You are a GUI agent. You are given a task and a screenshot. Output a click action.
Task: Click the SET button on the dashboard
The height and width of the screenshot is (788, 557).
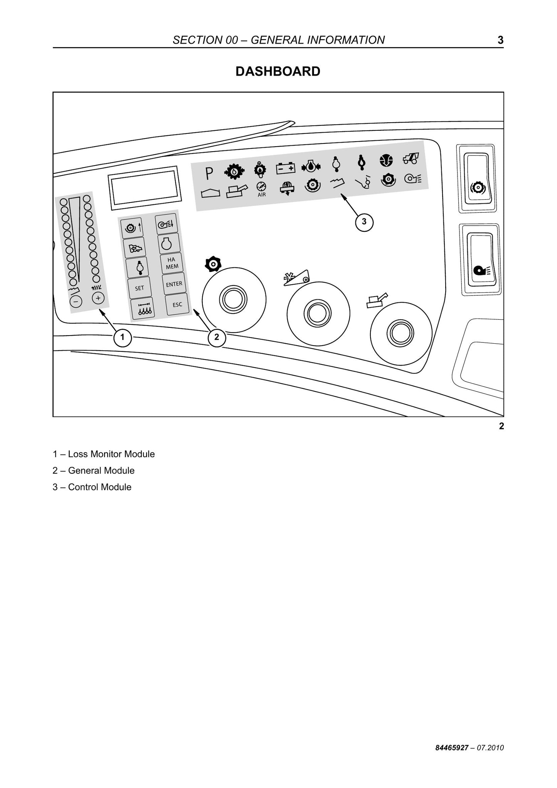[139, 288]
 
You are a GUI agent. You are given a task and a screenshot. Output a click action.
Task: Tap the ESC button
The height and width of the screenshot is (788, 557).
[177, 304]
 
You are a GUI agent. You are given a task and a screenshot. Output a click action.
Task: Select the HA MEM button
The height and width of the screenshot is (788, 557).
[172, 263]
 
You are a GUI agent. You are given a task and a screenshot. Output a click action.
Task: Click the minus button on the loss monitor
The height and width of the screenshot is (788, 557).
[76, 301]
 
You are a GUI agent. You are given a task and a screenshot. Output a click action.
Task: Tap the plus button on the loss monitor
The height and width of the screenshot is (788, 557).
[98, 298]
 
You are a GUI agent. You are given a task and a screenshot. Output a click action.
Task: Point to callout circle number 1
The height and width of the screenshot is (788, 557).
[122, 337]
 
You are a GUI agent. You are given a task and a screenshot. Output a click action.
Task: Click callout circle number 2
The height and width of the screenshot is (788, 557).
[217, 337]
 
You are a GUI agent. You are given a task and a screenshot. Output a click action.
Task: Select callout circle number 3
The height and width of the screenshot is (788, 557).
[364, 222]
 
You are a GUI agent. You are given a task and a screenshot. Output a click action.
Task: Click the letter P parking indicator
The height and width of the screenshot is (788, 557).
[209, 174]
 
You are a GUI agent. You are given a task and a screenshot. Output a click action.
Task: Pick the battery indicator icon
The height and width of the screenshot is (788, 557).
[286, 168]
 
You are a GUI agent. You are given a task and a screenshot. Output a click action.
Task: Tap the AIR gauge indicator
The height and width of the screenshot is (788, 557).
[262, 189]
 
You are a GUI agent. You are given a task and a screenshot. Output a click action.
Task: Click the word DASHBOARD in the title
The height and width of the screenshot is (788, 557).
[278, 71]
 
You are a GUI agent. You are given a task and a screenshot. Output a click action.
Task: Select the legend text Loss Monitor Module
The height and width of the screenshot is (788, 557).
[111, 454]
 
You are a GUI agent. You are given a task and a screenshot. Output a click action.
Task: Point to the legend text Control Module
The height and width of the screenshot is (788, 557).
[100, 487]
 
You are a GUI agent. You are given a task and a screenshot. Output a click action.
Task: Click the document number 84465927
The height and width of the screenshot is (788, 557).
[452, 748]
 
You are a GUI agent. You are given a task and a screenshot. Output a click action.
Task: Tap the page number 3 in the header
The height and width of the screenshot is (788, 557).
[500, 40]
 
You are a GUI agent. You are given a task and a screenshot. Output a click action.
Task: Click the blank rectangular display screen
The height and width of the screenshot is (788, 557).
[145, 188]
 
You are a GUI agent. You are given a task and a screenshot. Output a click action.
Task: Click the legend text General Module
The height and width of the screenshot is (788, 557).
[101, 471]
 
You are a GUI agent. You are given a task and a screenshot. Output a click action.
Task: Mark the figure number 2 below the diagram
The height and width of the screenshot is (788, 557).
[501, 426]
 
